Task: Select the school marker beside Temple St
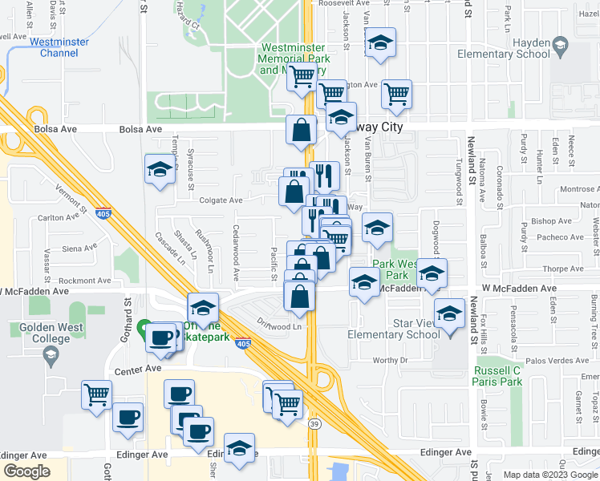click(160, 170)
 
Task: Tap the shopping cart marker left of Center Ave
click(96, 396)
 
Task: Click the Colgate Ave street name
click(220, 200)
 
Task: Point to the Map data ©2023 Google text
click(550, 475)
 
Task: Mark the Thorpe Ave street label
click(562, 269)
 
